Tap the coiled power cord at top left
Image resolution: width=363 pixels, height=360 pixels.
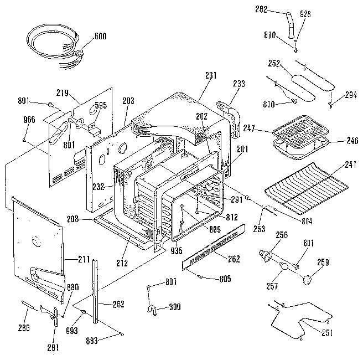pyautogui.click(x=53, y=45)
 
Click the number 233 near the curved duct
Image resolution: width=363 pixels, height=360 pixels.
pyautogui.click(x=239, y=84)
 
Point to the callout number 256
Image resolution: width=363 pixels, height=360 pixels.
pyautogui.click(x=282, y=235)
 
